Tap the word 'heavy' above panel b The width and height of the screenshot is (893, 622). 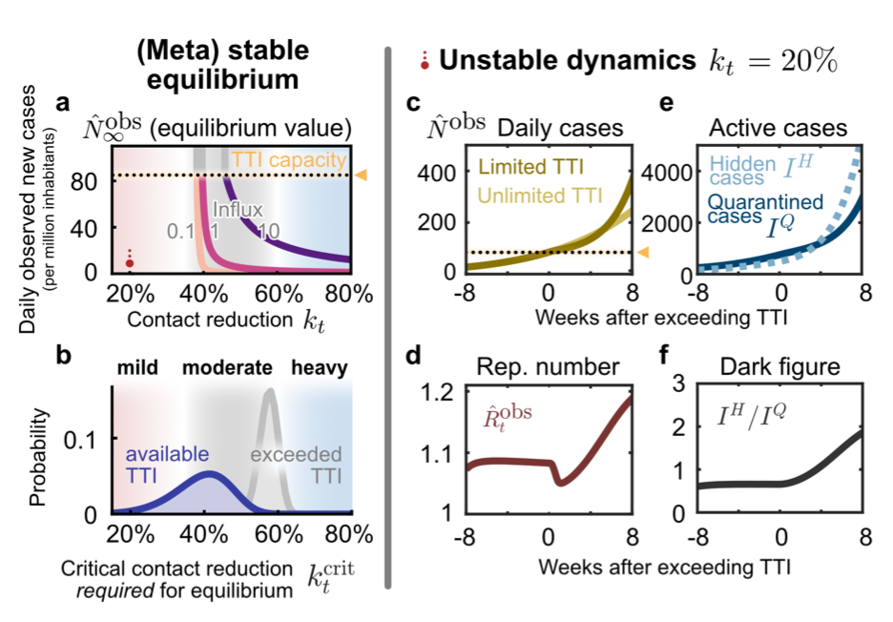point(320,367)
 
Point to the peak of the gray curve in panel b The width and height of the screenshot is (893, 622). point(270,390)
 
